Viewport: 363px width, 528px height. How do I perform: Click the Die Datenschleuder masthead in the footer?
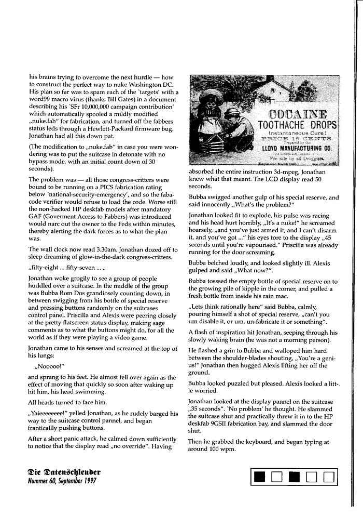[65, 472]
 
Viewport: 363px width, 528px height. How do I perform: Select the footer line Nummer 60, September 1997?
[62, 481]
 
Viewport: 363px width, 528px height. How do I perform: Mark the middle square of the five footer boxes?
[294, 477]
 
